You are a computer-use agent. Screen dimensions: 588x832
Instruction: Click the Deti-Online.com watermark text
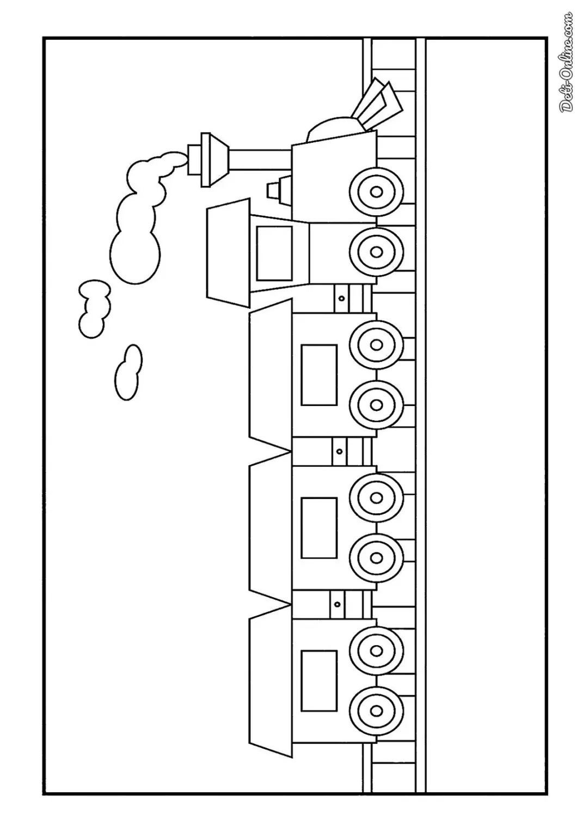tap(566, 63)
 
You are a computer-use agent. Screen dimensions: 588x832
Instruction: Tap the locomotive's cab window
tap(274, 253)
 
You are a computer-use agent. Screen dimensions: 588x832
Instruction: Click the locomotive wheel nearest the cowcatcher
tap(376, 192)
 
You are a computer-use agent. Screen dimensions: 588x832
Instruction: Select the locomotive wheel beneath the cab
tap(376, 252)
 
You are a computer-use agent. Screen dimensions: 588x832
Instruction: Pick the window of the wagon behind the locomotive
tap(319, 375)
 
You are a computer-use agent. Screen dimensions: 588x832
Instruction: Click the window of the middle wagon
tap(319, 528)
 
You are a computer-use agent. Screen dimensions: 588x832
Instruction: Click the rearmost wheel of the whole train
tap(376, 710)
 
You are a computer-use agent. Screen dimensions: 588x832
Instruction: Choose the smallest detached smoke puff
tap(128, 373)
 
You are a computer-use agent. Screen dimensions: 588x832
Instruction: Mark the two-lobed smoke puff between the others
tap(95, 309)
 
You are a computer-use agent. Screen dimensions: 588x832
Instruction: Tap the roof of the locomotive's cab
tap(228, 253)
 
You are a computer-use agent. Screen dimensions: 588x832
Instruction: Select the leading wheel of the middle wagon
tap(376, 497)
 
